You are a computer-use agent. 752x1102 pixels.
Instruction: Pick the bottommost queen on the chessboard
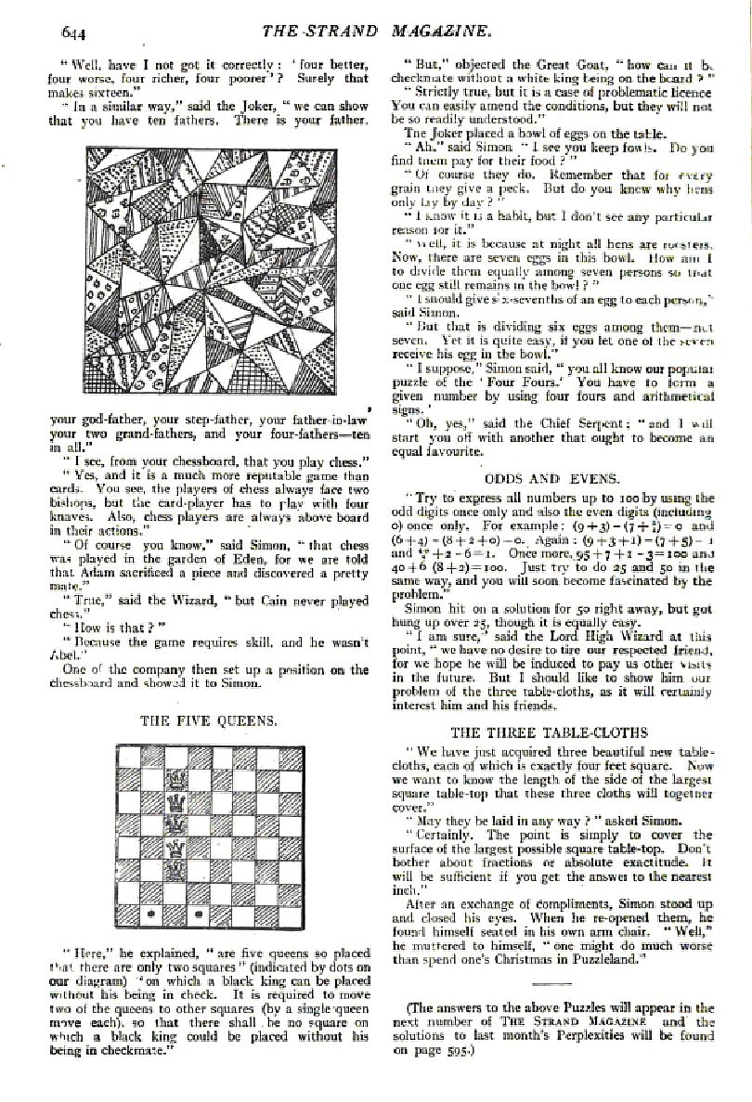tap(173, 869)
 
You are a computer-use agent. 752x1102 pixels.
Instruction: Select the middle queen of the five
tap(173, 823)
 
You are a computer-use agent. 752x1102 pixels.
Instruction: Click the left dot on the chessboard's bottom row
tap(149, 914)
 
